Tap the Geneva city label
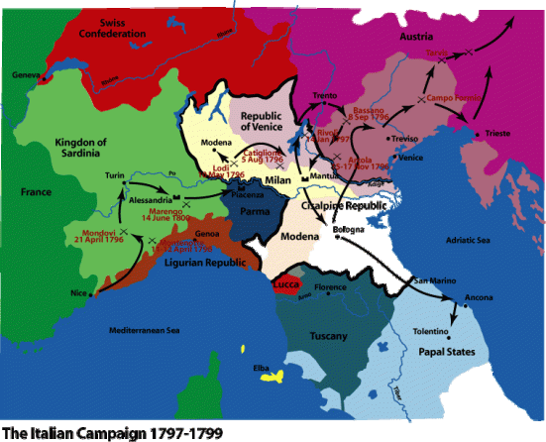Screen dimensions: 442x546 tap(27, 75)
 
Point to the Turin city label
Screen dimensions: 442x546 tap(114, 175)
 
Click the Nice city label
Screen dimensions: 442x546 tap(81, 292)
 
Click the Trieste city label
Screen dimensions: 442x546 tap(498, 134)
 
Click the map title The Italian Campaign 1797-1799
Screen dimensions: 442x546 tap(111, 432)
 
